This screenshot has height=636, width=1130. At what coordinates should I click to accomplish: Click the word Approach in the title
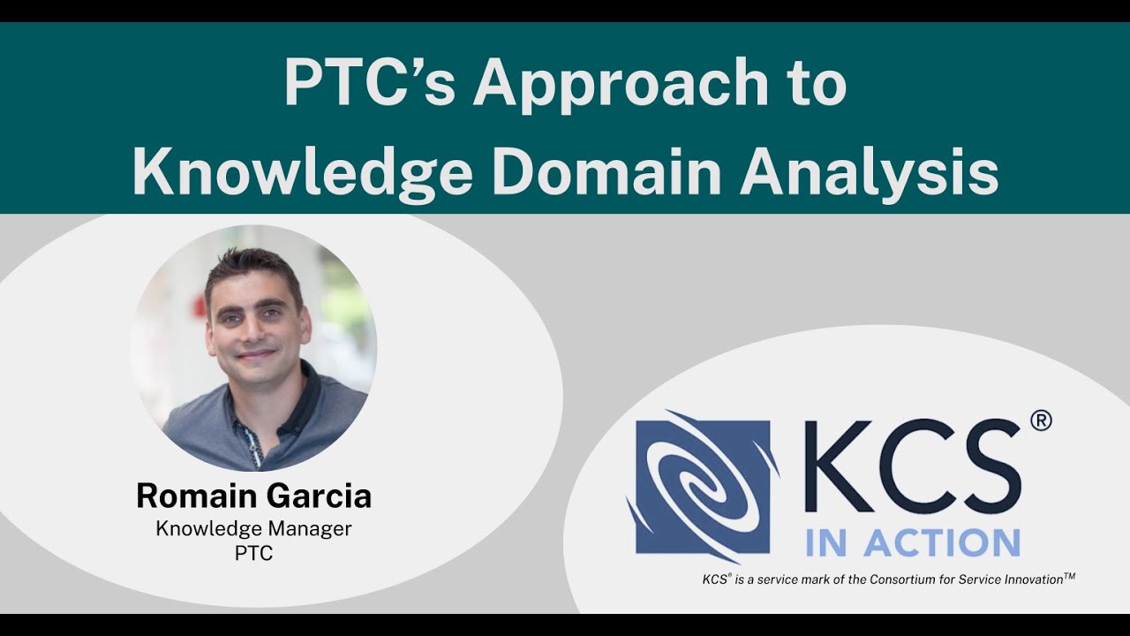click(x=621, y=85)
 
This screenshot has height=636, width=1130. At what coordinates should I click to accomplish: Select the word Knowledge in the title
click(x=302, y=172)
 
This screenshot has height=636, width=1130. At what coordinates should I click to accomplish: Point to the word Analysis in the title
click(x=870, y=174)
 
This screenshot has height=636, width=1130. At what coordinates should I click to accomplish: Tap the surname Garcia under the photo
click(x=319, y=496)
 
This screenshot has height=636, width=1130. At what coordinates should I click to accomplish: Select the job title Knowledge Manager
click(x=254, y=528)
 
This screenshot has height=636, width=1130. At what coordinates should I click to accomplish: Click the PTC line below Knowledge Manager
click(x=254, y=554)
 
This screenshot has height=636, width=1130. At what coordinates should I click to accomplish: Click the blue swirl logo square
click(x=703, y=487)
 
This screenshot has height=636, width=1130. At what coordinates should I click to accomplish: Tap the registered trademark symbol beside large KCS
click(x=1041, y=421)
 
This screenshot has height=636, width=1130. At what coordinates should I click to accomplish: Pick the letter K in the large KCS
click(x=838, y=467)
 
